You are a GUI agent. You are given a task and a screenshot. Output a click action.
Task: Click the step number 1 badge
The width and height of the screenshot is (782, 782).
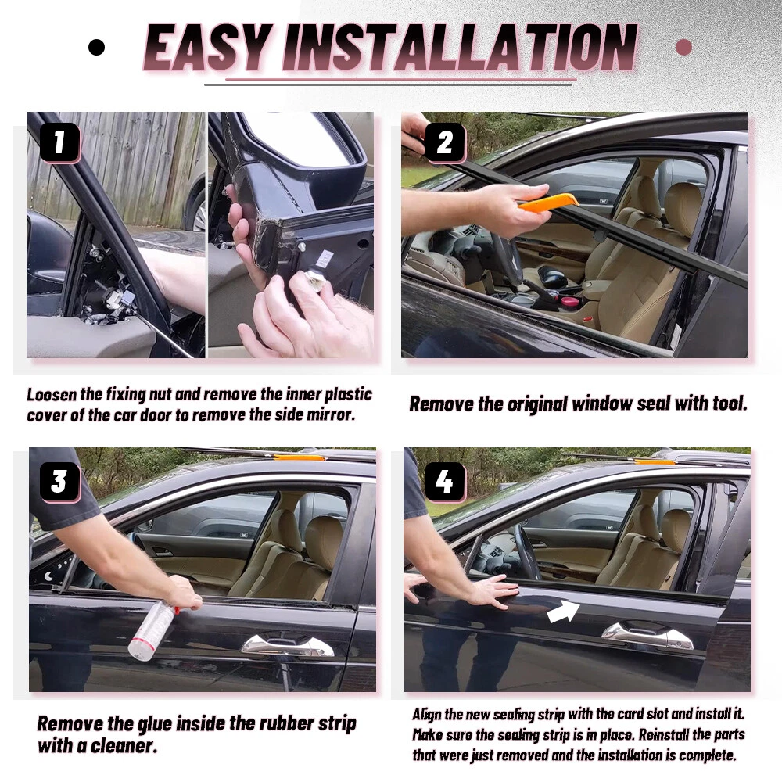59,142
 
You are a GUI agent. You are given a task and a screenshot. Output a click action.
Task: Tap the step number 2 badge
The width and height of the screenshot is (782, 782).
445,142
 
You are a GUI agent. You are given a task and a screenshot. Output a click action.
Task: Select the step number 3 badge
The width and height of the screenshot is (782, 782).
59,482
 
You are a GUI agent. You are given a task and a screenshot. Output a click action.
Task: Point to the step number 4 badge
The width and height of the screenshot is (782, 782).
445,482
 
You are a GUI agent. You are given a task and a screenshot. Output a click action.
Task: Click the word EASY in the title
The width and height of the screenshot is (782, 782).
209,47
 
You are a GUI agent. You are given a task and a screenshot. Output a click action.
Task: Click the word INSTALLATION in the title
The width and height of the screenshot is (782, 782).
459,47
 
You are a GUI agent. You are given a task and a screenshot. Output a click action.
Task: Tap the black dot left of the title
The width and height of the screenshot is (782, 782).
96,48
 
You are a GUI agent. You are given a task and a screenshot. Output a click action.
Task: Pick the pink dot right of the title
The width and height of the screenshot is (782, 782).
683,48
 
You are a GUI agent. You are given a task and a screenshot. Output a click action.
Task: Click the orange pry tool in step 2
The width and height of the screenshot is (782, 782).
549,203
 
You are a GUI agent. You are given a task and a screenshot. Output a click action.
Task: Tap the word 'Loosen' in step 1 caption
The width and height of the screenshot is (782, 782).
52,394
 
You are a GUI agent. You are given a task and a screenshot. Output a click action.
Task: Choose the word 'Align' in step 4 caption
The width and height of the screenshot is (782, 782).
426,715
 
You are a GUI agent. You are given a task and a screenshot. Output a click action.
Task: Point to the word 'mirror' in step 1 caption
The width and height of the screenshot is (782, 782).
330,414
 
